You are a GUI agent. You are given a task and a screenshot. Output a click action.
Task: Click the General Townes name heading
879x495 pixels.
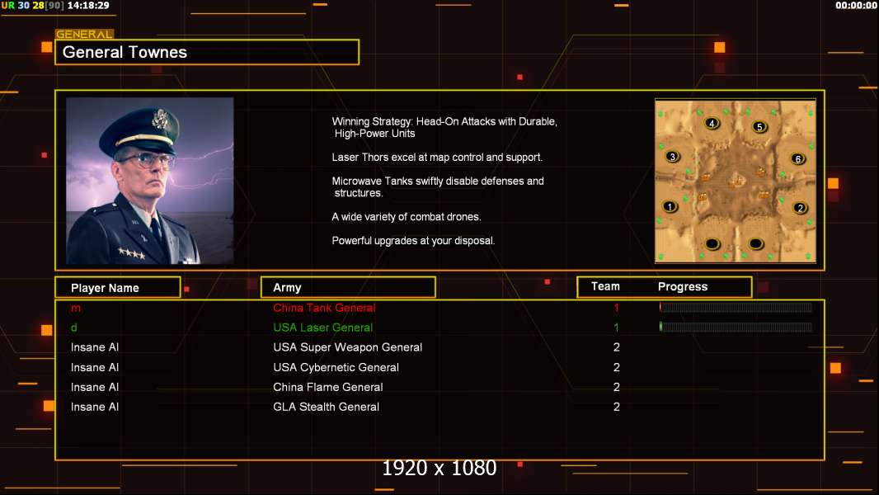pos(125,52)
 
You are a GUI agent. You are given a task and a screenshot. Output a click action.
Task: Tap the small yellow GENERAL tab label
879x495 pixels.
pos(84,34)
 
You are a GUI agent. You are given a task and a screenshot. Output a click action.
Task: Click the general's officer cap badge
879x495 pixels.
pos(160,118)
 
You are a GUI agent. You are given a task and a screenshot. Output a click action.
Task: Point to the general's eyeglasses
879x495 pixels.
pos(146,161)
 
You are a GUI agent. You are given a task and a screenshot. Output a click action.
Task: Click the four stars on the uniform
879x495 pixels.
pos(132,253)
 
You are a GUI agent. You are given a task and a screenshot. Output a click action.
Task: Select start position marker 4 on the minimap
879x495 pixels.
pos(712,123)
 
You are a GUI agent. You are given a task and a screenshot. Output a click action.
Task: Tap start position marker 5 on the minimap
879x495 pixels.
pos(759,127)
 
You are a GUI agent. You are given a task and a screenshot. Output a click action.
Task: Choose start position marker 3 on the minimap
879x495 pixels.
pos(673,157)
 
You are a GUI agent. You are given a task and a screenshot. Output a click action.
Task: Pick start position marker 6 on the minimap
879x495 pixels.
pos(797,158)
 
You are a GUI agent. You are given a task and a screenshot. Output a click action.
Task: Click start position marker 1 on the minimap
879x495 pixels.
pos(670,206)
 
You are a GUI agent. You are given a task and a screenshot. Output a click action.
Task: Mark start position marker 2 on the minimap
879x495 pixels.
pos(800,208)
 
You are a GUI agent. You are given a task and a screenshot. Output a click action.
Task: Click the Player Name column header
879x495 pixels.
pos(105,288)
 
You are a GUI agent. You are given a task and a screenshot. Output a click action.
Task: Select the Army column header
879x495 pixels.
pos(287,288)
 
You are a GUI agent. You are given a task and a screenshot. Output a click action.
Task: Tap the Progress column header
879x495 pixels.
pos(682,286)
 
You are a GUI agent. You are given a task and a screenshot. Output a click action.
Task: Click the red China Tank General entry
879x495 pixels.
pos(324,308)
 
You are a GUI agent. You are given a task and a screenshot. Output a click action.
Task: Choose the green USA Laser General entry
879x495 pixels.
pos(322,328)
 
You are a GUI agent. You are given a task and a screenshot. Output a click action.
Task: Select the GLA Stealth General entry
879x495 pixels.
pos(326,407)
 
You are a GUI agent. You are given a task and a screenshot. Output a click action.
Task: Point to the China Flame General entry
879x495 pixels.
pos(328,388)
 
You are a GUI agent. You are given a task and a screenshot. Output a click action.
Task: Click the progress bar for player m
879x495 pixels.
pos(736,307)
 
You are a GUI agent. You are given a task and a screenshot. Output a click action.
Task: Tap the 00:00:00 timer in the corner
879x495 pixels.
pos(855,6)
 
